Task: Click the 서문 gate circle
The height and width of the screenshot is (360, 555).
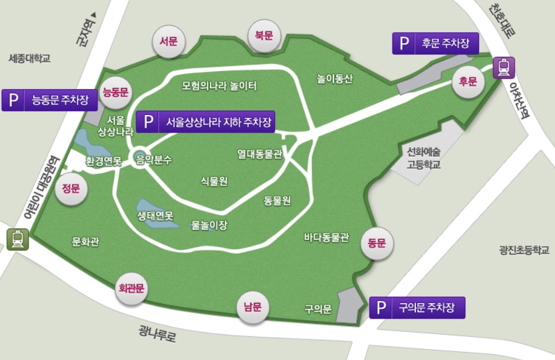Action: (169, 41)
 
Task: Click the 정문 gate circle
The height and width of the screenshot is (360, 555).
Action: (71, 188)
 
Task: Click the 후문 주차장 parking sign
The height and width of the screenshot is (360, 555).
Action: (435, 43)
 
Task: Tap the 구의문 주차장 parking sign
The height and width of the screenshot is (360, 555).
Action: (417, 308)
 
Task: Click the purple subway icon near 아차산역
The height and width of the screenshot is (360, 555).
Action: (504, 67)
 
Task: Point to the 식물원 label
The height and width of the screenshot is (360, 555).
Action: (214, 182)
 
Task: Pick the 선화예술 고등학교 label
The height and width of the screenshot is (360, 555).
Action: (423, 158)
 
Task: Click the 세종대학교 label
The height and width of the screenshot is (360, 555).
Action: (30, 58)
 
